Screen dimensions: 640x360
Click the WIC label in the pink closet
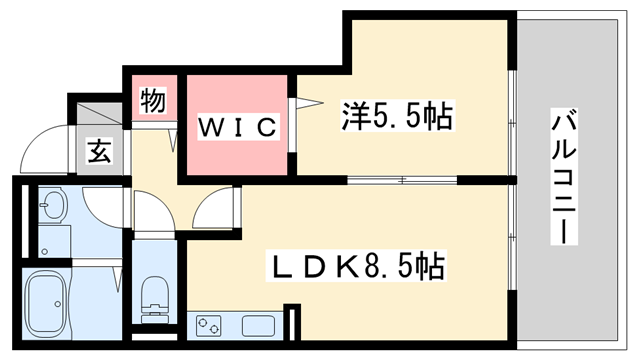(234, 127)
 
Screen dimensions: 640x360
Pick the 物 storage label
(152, 100)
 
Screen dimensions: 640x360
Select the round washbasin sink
(53, 209)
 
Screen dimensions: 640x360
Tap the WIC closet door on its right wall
(293, 125)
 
